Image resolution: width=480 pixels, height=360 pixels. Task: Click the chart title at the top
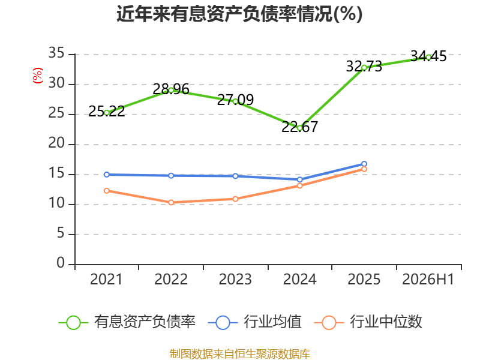click(239, 14)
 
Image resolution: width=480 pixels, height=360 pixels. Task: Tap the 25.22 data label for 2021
click(107, 111)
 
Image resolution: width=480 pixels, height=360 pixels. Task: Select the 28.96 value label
click(171, 89)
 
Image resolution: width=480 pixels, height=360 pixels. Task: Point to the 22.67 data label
click(299, 127)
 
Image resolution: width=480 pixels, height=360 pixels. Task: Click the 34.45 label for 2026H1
click(428, 56)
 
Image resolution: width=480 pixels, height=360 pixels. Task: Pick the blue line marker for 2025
click(364, 164)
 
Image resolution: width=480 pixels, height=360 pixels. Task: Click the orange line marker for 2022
click(171, 202)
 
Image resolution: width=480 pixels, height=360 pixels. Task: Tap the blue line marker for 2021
click(107, 175)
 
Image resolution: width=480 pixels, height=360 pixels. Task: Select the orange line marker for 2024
click(299, 186)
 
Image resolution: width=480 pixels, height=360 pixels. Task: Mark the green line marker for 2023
click(235, 101)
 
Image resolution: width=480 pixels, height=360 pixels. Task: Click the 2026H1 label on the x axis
click(428, 279)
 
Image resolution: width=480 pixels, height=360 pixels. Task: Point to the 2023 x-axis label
click(235, 279)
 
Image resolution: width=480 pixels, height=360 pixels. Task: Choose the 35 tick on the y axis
click(56, 53)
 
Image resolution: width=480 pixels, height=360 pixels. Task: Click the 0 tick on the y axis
click(61, 263)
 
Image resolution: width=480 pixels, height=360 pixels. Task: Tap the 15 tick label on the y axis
click(56, 173)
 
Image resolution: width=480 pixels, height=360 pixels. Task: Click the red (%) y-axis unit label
click(38, 76)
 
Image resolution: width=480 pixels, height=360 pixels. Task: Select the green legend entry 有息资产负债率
click(127, 322)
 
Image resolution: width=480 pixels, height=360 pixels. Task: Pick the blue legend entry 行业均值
click(254, 322)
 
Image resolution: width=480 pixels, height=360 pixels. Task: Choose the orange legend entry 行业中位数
click(368, 322)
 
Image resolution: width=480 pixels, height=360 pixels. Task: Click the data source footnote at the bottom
click(240, 354)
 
